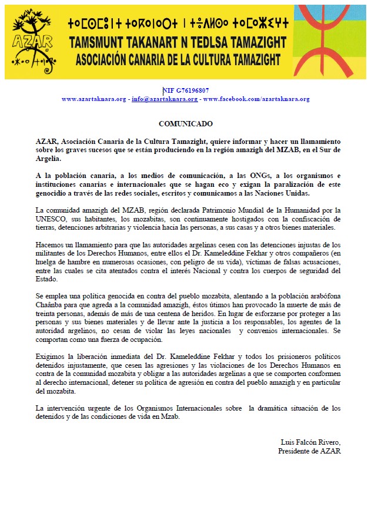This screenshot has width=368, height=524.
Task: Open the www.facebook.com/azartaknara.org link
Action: pos(256,99)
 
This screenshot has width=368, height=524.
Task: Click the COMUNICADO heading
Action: pos(186,124)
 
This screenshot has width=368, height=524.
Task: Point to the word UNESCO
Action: pos(50,218)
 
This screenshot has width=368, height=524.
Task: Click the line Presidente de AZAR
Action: pos(309,451)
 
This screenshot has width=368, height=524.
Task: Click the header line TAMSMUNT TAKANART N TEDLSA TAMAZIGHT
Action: pos(178,43)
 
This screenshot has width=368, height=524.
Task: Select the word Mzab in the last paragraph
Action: pos(170,416)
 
